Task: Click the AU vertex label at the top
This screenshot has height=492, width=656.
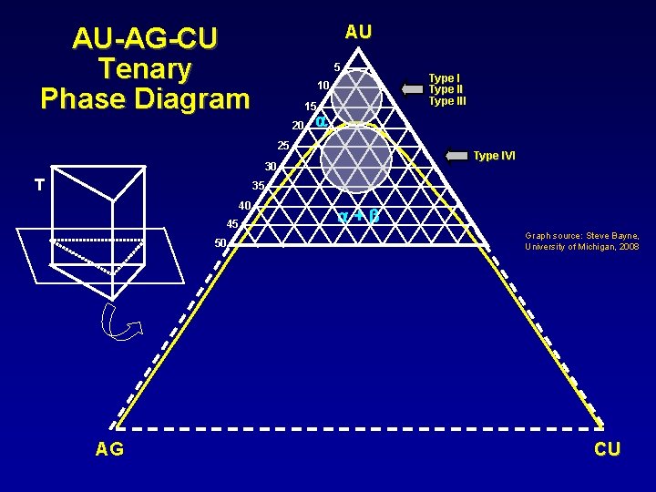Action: click(x=358, y=32)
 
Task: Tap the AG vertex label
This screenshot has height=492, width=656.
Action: click(x=110, y=448)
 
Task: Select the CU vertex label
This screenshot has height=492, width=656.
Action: click(x=607, y=448)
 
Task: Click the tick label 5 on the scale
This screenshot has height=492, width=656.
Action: click(x=336, y=67)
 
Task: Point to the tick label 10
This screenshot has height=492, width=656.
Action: click(x=323, y=86)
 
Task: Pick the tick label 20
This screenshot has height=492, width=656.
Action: click(x=297, y=125)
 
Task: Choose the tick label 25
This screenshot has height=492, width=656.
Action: click(x=282, y=146)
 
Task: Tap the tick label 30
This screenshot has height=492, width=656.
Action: click(x=271, y=167)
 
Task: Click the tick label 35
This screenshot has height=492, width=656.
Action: click(x=258, y=186)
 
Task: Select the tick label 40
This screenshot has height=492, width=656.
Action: click(x=244, y=205)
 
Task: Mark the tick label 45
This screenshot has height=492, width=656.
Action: click(x=231, y=224)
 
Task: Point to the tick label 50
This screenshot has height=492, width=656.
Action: click(x=220, y=242)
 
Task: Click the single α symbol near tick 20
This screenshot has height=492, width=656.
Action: click(x=321, y=121)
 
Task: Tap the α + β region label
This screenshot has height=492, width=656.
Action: click(x=357, y=217)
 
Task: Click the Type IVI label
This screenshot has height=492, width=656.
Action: click(x=494, y=156)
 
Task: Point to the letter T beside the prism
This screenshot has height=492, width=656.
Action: click(x=39, y=185)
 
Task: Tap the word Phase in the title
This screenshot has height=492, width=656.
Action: click(x=85, y=97)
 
